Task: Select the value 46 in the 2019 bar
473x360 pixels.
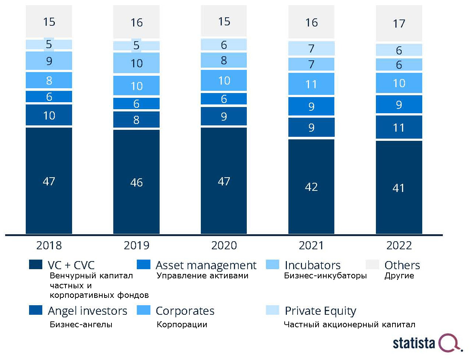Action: point(136,182)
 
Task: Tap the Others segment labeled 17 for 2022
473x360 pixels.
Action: point(399,24)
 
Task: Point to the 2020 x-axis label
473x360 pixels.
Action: point(224,245)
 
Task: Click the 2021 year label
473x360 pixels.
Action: point(311,245)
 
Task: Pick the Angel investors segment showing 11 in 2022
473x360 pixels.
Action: point(399,128)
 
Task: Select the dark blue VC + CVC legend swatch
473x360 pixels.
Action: point(36,265)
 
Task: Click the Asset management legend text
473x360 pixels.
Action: point(206,265)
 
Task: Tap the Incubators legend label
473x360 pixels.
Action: point(312,265)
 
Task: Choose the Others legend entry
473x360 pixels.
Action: point(402,265)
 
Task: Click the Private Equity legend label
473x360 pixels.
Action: point(320,311)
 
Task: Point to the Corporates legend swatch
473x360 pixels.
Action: point(143,310)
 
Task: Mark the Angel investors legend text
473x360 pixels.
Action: point(88,311)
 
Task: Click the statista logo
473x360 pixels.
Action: point(427,343)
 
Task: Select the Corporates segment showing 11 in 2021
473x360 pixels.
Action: point(311,84)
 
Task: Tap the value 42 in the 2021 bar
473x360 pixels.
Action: point(311,187)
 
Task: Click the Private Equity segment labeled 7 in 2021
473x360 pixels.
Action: point(311,49)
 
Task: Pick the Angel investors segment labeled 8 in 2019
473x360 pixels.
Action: point(136,120)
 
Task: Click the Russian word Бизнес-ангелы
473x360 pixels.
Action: point(81,325)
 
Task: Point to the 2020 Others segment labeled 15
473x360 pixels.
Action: point(224,21)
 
